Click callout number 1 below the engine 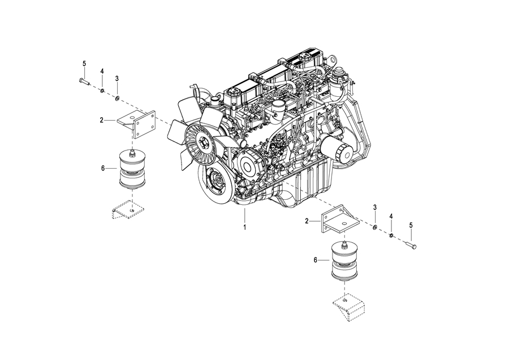click(x=245, y=227)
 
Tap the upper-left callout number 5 click(x=84, y=63)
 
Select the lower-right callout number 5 click(x=411, y=225)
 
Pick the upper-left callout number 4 click(x=102, y=71)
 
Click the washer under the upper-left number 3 click(x=117, y=97)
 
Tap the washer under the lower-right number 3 click(x=374, y=226)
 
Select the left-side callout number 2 click(x=102, y=120)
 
